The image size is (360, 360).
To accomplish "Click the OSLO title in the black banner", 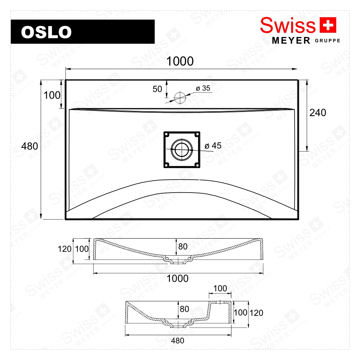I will coord(46,32).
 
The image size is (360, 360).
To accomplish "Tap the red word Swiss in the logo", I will coord(288,26).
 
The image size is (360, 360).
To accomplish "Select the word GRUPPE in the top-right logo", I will coord(327,40).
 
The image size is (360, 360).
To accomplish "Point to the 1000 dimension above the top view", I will coord(180,62).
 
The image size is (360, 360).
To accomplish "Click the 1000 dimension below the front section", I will coord(178,278).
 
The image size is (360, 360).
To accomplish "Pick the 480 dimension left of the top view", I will coord(30,147).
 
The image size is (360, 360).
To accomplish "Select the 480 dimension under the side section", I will coord(177,341).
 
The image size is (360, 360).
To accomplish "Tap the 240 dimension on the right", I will coord(318,113).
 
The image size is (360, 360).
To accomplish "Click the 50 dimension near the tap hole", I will coord(157,89).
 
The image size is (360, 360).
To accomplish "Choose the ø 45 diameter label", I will coord(213,146).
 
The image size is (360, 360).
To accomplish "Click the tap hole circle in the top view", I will coord(180,96).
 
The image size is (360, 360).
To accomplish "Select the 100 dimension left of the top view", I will coord(52,95).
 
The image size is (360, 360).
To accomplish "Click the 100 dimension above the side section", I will coord(220,288).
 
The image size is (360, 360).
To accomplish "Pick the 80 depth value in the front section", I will coord(183,247).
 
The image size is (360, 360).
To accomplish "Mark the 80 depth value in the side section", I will coord(184,309).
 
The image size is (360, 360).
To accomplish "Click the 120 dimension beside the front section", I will coord(64,249).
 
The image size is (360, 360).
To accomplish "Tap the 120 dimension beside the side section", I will coord(256,313).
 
